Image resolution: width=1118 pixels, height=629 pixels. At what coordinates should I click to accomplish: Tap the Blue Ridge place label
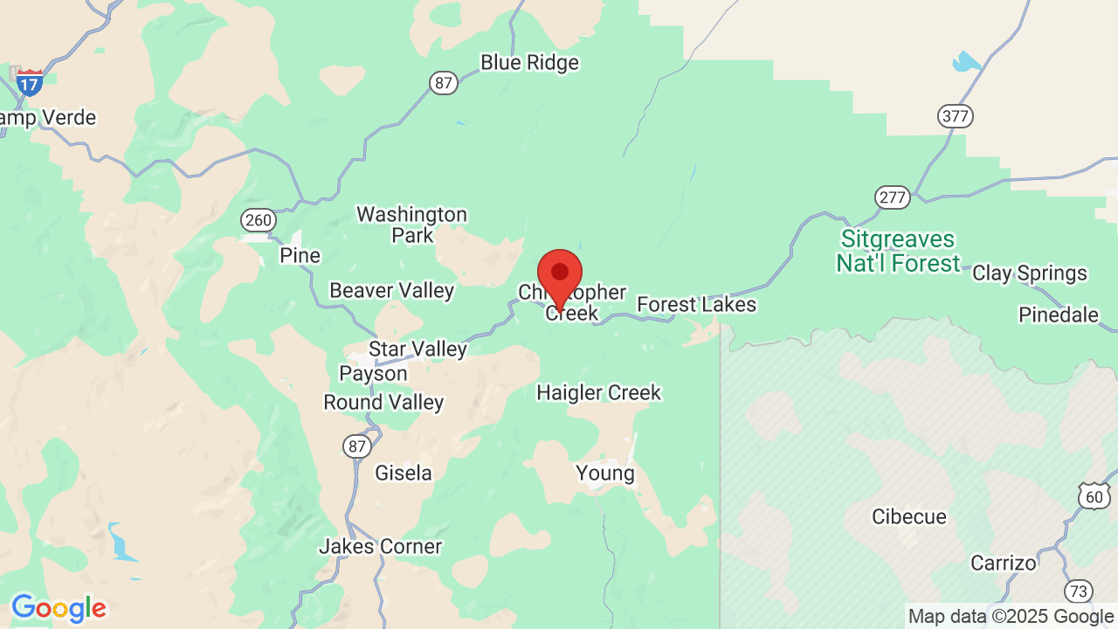(x=529, y=63)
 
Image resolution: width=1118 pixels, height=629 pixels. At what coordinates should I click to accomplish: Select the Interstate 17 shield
(x=30, y=82)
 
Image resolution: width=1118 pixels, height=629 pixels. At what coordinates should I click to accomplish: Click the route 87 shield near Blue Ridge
(x=444, y=83)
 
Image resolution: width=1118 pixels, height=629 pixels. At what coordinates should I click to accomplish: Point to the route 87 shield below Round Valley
(x=356, y=446)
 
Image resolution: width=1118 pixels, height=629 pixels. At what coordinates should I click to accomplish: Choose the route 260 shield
(x=259, y=220)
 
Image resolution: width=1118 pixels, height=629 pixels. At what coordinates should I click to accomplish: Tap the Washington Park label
(x=411, y=225)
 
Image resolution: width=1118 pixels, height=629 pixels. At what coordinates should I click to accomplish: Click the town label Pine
(x=300, y=256)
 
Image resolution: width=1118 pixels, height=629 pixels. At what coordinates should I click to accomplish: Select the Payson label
(x=373, y=374)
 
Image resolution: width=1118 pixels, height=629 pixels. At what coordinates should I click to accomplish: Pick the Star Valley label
(x=418, y=349)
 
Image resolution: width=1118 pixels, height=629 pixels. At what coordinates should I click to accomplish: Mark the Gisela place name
(x=403, y=473)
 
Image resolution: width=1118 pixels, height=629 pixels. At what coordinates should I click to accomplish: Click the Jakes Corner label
(x=380, y=547)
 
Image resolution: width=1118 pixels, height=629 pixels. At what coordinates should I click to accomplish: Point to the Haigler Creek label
(x=598, y=393)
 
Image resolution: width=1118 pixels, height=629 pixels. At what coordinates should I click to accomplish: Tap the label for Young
(x=604, y=473)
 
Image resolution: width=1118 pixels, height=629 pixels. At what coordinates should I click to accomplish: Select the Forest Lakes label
(x=696, y=305)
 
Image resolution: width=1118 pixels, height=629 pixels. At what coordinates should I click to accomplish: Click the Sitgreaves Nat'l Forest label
(x=898, y=252)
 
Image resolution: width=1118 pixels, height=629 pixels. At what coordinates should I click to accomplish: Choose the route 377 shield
(x=956, y=116)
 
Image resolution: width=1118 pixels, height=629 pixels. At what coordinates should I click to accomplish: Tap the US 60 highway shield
(x=1094, y=496)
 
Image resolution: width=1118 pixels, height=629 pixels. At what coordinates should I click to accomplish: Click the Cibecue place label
(x=908, y=517)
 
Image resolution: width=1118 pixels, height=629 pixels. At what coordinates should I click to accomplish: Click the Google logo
(x=59, y=608)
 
